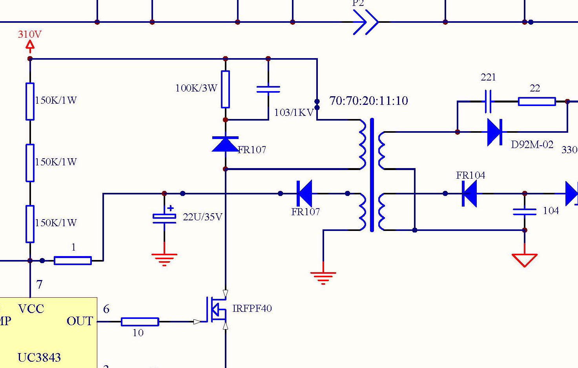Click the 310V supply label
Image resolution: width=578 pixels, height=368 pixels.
(x=29, y=35)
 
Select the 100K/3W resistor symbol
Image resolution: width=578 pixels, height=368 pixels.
(x=225, y=89)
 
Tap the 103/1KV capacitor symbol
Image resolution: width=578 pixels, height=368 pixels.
(x=268, y=90)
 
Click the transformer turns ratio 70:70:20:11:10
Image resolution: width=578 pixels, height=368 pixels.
(x=368, y=101)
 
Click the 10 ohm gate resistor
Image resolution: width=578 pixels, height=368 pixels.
(x=140, y=322)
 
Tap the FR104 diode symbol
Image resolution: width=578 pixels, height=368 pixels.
(x=469, y=194)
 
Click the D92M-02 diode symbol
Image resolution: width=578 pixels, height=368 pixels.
(x=494, y=132)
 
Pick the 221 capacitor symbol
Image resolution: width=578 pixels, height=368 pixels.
(x=488, y=101)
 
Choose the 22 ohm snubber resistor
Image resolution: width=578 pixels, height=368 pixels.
(x=536, y=101)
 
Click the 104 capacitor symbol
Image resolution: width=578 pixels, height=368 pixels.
(x=525, y=212)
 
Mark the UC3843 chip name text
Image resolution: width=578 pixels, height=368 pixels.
(x=39, y=357)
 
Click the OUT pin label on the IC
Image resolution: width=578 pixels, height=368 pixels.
(x=80, y=321)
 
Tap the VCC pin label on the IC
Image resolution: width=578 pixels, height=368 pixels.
(x=31, y=309)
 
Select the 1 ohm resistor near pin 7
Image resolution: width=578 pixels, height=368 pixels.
(x=73, y=260)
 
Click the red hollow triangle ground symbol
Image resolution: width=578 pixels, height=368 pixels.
(x=525, y=260)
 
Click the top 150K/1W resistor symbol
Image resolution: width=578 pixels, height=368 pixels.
(x=30, y=101)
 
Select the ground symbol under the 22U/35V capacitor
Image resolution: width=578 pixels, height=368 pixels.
(x=164, y=259)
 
